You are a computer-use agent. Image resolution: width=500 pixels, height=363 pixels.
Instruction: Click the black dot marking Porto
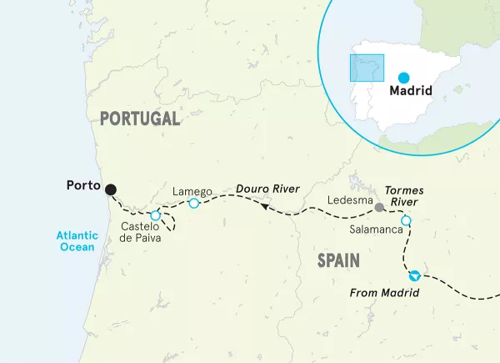(x=110, y=189)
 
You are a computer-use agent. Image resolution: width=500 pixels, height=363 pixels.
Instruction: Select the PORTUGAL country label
(x=140, y=118)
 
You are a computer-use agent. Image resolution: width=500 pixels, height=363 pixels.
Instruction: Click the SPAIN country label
(x=337, y=261)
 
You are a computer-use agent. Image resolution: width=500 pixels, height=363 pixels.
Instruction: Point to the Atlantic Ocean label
(x=78, y=241)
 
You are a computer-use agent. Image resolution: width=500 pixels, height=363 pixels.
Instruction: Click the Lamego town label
(x=192, y=191)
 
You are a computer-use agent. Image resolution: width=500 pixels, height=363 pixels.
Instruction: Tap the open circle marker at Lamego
(x=193, y=204)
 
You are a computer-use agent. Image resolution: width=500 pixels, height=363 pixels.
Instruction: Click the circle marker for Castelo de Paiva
(x=155, y=216)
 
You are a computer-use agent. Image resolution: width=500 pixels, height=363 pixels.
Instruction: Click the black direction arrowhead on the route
(x=262, y=207)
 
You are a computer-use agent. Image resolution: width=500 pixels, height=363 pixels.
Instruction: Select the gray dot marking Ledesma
(x=379, y=207)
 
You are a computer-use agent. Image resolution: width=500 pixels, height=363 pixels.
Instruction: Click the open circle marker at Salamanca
(x=406, y=221)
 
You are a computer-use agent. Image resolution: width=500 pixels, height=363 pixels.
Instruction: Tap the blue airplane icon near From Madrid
(x=414, y=275)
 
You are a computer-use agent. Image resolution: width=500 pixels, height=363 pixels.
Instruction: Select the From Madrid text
(x=384, y=292)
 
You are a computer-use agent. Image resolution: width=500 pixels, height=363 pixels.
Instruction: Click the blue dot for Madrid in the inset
(x=404, y=77)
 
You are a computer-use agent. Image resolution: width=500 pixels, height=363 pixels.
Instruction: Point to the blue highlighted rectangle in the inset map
(x=366, y=68)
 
